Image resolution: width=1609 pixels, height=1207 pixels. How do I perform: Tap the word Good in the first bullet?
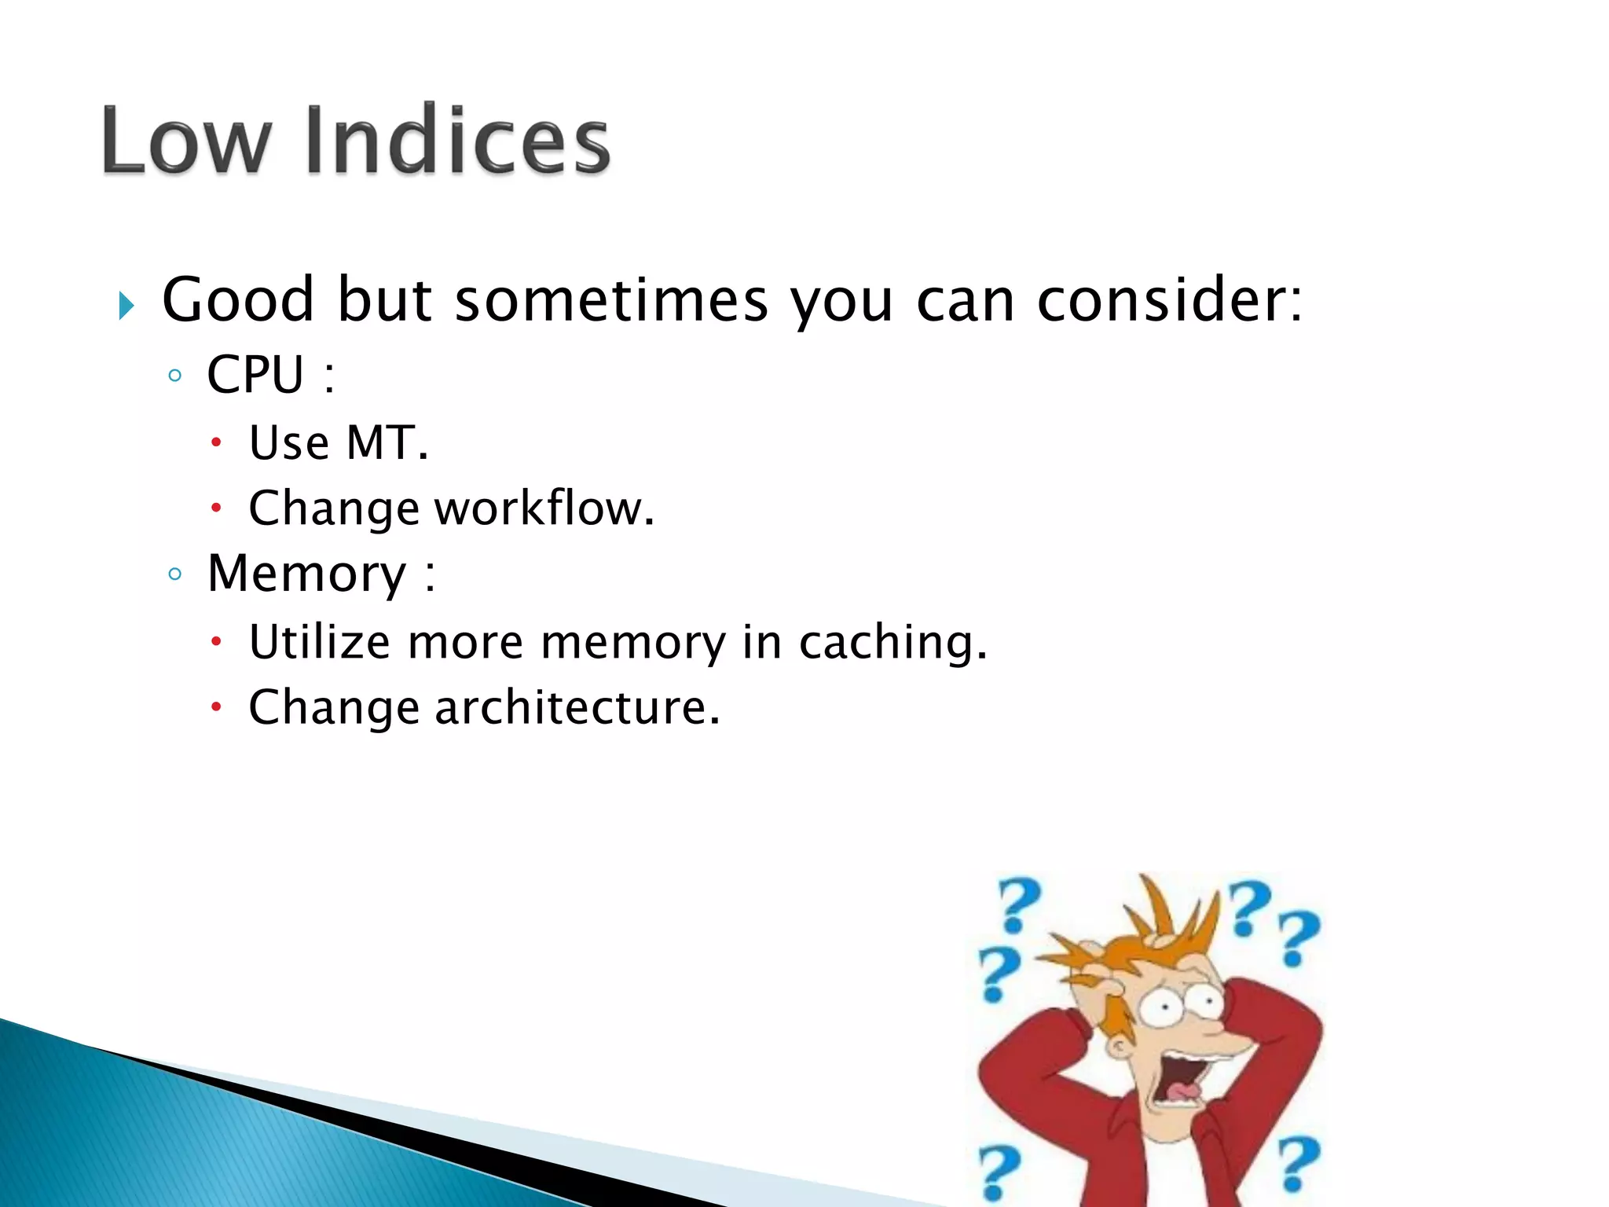point(238,300)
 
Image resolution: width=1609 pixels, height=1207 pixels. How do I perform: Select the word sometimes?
point(611,300)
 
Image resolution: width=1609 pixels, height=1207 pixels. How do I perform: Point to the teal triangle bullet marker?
point(126,306)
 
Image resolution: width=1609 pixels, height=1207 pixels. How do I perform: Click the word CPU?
point(255,375)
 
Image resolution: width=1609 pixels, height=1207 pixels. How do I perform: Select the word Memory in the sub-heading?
point(306,574)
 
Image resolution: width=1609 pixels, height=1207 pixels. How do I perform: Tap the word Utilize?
point(319,642)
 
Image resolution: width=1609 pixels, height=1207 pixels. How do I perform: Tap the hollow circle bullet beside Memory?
point(175,574)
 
